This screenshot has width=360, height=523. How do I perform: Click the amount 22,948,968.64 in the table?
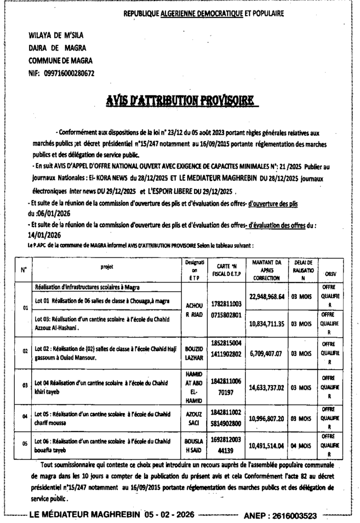pos(267,297)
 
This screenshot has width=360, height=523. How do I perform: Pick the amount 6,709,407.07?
pos(267,353)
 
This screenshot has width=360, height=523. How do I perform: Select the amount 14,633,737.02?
pos(267,388)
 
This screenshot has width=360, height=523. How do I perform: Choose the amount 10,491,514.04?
pos(267,445)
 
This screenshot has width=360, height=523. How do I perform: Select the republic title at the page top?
pos(204,14)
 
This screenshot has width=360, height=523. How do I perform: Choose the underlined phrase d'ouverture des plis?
pos(272,204)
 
